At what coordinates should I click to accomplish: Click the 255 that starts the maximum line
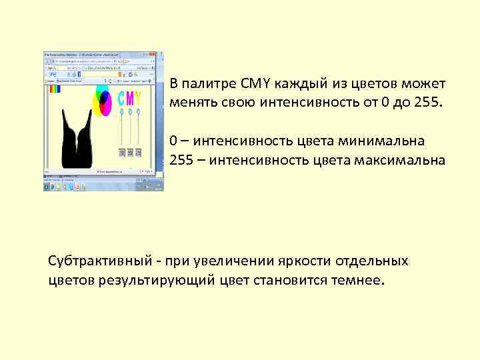click(x=181, y=160)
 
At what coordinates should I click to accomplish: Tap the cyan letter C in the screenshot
click(x=122, y=98)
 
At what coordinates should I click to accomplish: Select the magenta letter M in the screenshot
click(x=130, y=98)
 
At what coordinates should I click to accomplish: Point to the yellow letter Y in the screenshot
click(x=138, y=98)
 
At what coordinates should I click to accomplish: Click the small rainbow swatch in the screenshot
click(x=55, y=88)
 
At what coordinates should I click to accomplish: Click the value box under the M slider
click(x=131, y=153)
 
